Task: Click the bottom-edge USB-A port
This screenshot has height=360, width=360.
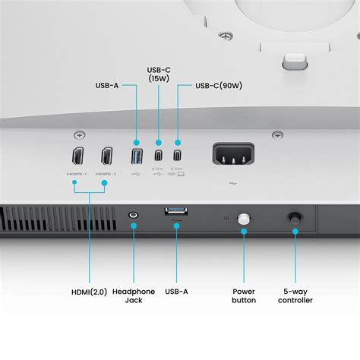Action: click(x=176, y=210)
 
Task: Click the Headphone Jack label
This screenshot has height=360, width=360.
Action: click(x=134, y=295)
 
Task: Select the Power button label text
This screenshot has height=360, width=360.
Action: click(x=244, y=295)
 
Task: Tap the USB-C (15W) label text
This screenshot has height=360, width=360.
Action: click(x=158, y=74)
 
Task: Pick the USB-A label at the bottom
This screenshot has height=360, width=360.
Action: click(x=176, y=292)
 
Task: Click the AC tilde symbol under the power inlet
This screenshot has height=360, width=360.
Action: click(x=232, y=184)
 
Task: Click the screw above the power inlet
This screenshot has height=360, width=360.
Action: click(x=278, y=135)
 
